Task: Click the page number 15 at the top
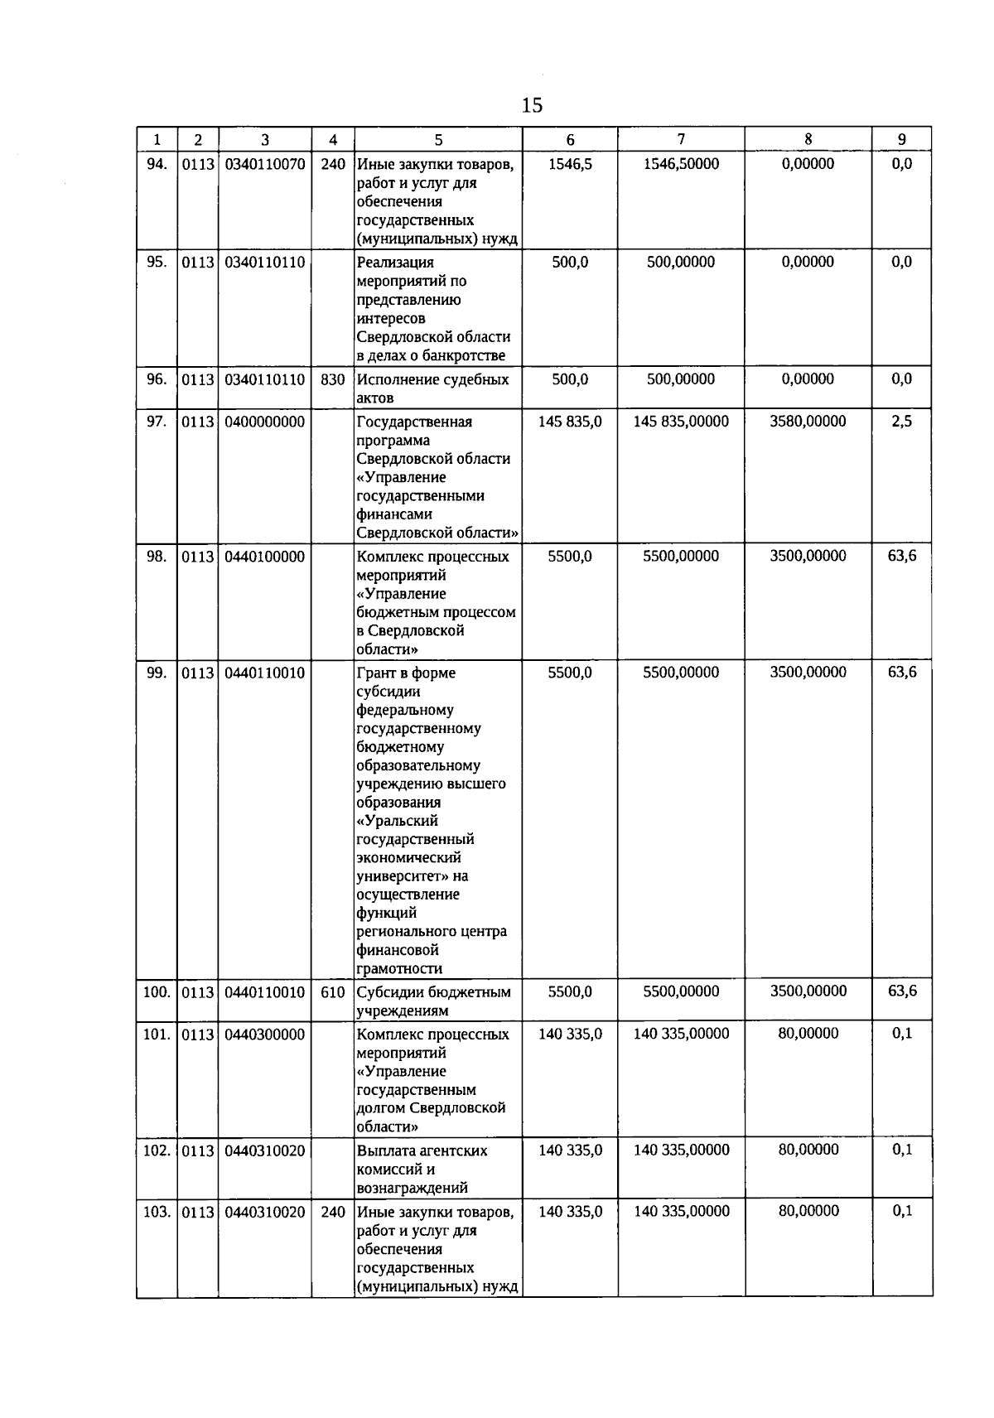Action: pos(533,105)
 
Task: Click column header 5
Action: pos(438,140)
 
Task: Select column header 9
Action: pos(902,139)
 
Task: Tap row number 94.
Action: pos(157,164)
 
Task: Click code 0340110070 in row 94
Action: pos(265,164)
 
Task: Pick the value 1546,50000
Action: pos(681,164)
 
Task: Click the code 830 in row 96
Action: pos(333,379)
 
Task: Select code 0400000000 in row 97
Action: pos(265,422)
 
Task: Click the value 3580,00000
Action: pos(808,422)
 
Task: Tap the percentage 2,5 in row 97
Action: pos(902,422)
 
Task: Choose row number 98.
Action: pos(157,557)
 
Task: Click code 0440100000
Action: pos(265,557)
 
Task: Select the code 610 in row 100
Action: pos(333,992)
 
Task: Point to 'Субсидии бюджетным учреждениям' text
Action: pos(433,1001)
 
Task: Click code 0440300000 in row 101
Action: pos(265,1035)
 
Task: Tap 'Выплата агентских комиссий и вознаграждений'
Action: pos(422,1169)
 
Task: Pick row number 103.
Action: pos(157,1212)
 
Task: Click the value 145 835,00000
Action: pos(681,422)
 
